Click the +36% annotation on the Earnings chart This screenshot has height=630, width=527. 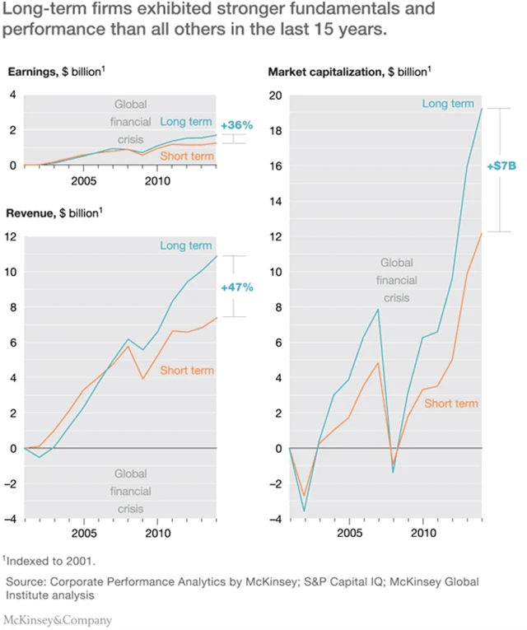pyautogui.click(x=237, y=126)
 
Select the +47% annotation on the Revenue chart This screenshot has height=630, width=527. pyautogui.click(x=237, y=287)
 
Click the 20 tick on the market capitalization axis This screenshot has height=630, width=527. pyautogui.click(x=277, y=96)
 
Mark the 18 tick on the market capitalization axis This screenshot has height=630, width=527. pyautogui.click(x=277, y=131)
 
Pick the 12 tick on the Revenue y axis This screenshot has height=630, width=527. pyautogui.click(x=12, y=237)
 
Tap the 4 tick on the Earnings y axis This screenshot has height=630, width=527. pyautogui.click(x=13, y=96)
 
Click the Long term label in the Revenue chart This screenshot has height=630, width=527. pyautogui.click(x=186, y=245)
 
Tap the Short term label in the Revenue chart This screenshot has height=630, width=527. pyautogui.click(x=186, y=371)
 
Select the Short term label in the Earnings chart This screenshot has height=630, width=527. pyautogui.click(x=186, y=156)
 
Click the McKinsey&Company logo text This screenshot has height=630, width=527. pyautogui.click(x=58, y=619)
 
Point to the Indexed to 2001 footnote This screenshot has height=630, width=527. pyautogui.click(x=50, y=562)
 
